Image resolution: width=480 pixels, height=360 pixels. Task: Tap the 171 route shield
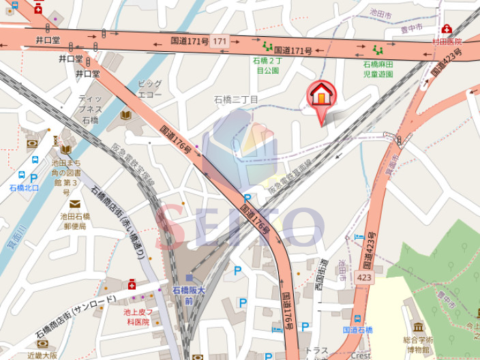click(219, 42)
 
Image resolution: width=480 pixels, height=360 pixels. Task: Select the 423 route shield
click(363, 277)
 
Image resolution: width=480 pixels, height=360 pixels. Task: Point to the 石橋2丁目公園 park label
click(267, 65)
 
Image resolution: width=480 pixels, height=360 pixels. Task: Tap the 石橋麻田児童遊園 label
click(378, 68)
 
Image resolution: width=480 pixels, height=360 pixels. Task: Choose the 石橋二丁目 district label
click(236, 100)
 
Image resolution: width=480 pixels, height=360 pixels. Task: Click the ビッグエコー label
click(149, 89)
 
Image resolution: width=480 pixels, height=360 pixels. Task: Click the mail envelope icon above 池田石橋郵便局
click(74, 204)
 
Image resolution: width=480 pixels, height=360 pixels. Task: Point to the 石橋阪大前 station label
click(189, 295)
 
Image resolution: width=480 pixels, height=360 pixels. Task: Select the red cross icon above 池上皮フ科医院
click(132, 284)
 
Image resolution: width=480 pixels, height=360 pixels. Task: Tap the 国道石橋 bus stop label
click(357, 330)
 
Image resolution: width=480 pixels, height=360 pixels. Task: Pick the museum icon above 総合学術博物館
click(417, 327)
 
